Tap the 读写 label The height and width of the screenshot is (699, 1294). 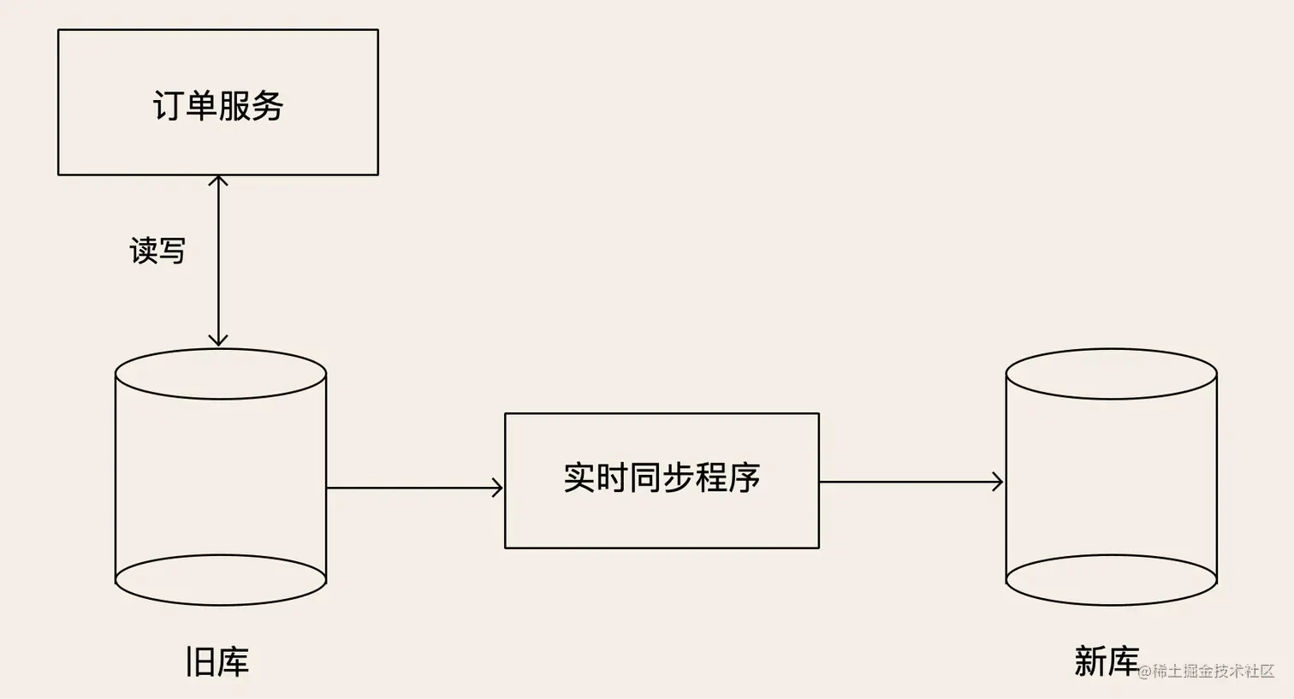click(157, 251)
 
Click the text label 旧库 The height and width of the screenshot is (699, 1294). click(217, 662)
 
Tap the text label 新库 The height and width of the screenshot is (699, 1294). click(1106, 660)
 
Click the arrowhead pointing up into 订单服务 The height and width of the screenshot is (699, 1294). click(218, 181)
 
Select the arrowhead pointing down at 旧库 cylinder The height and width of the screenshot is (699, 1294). click(218, 340)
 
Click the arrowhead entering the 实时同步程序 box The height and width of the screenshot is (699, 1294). click(497, 488)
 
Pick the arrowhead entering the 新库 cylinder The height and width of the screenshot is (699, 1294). click(998, 482)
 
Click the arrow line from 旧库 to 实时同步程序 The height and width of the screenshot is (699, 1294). click(411, 488)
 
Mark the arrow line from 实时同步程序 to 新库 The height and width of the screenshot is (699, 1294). click(907, 482)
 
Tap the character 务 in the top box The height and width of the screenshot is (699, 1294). click(268, 105)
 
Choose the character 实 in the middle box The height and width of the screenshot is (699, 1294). click(579, 477)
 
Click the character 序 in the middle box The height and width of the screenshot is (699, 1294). click(745, 477)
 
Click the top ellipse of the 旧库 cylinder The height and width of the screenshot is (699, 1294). click(221, 374)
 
